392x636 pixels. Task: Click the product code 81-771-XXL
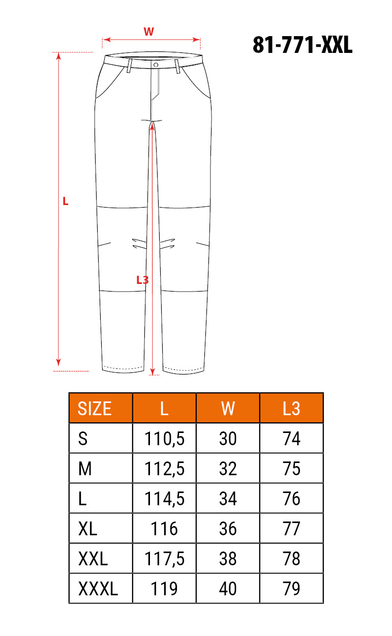pos(303,45)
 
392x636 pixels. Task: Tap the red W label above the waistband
pos(149,32)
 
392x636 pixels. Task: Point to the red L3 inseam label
pos(142,280)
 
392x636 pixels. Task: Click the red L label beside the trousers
pos(66,201)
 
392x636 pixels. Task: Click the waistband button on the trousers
pos(156,65)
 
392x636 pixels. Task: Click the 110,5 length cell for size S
pos(165,439)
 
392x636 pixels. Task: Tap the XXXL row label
pos(98,589)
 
